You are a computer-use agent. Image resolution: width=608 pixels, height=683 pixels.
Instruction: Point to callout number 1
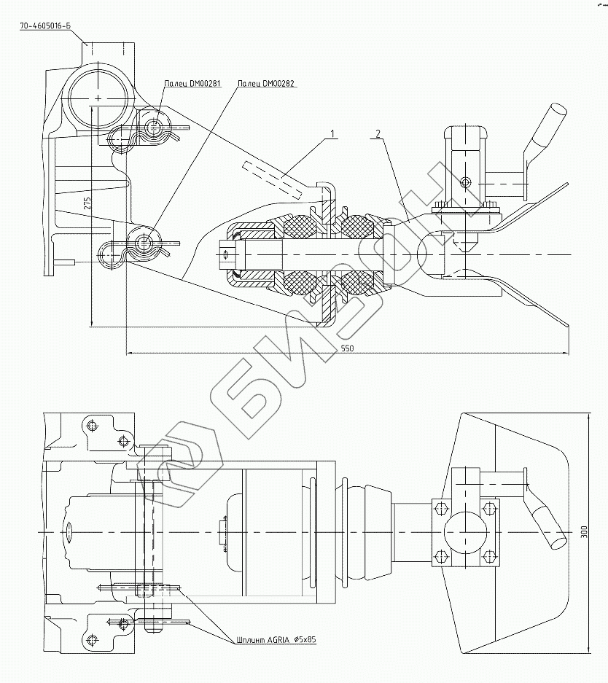(x=332, y=134)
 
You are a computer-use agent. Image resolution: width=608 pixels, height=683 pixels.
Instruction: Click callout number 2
(x=378, y=134)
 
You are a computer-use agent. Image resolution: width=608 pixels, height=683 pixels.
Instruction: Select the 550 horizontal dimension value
(x=347, y=348)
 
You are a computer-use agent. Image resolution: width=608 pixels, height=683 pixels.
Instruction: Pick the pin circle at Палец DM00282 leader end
(x=144, y=240)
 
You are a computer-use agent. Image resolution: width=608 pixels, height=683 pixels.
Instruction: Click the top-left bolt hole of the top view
(x=91, y=424)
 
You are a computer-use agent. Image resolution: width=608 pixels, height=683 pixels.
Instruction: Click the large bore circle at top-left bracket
(x=98, y=95)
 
